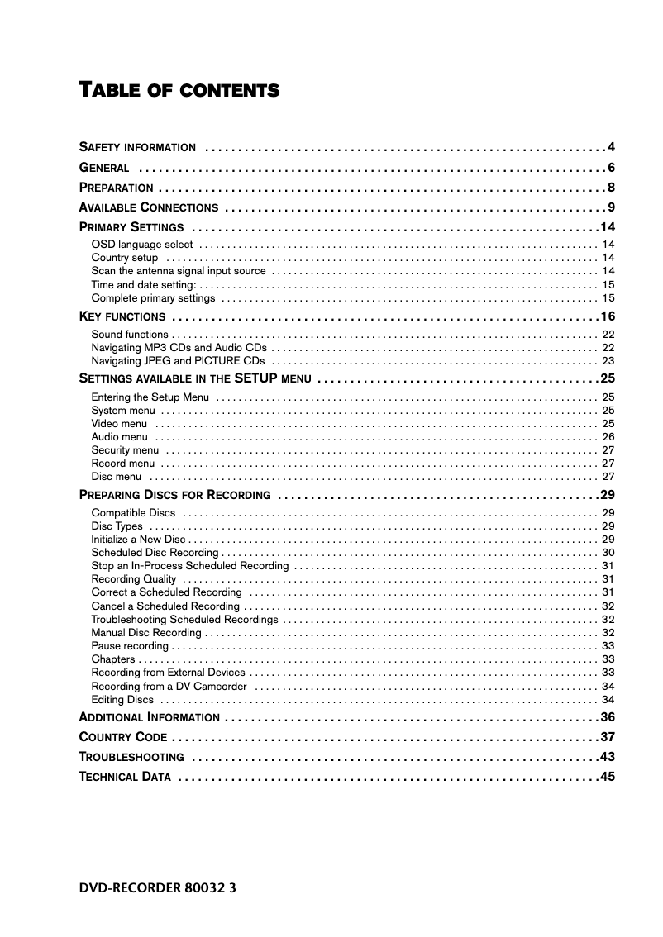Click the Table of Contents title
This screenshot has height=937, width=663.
(179, 89)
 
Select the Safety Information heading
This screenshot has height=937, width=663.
(137, 148)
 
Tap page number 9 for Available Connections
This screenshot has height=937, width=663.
(611, 207)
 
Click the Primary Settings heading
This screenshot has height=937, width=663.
(131, 227)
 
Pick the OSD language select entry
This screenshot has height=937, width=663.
(142, 245)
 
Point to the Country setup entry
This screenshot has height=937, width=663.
(125, 258)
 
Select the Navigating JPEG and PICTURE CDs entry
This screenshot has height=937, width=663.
(179, 361)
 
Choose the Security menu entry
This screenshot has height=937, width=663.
(125, 450)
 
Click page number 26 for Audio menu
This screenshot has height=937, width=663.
(608, 437)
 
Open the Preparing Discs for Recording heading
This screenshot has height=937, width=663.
(174, 496)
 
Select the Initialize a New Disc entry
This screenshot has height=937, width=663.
(138, 540)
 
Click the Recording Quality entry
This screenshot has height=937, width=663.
(134, 579)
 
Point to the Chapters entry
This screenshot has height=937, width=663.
(113, 659)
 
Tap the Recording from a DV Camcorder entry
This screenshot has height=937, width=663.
(169, 686)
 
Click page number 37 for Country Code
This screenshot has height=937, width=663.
(608, 737)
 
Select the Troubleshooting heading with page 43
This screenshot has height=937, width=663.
(131, 758)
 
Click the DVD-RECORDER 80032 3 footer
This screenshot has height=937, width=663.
(158, 888)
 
